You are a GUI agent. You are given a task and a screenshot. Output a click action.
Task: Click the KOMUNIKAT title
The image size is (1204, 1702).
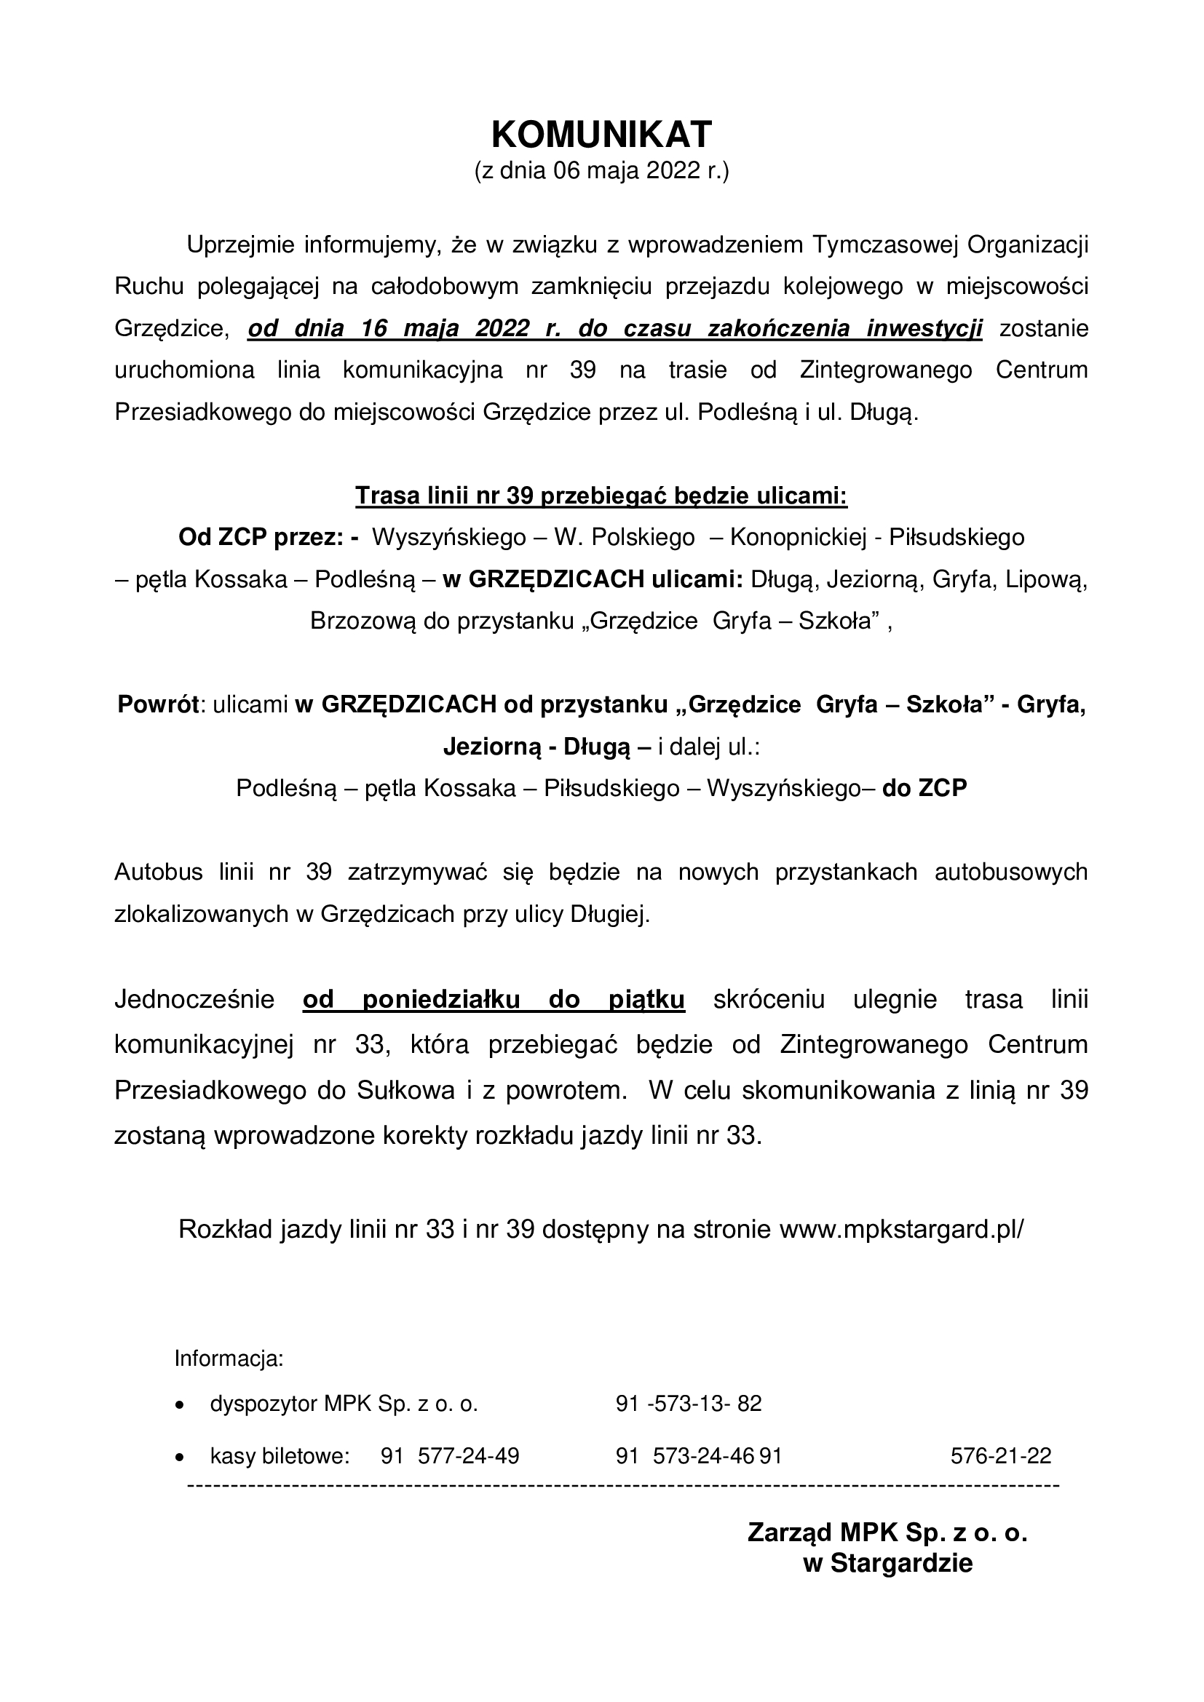(x=601, y=135)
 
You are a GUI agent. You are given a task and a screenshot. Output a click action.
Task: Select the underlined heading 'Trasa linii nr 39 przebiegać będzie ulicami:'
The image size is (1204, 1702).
(x=601, y=496)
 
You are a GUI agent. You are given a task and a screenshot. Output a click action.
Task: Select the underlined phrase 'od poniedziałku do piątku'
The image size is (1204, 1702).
(x=494, y=1000)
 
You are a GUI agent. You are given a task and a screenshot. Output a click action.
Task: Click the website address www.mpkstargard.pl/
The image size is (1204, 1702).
(x=900, y=1229)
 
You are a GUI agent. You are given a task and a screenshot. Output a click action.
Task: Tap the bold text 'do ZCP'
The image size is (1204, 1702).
(x=924, y=788)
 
